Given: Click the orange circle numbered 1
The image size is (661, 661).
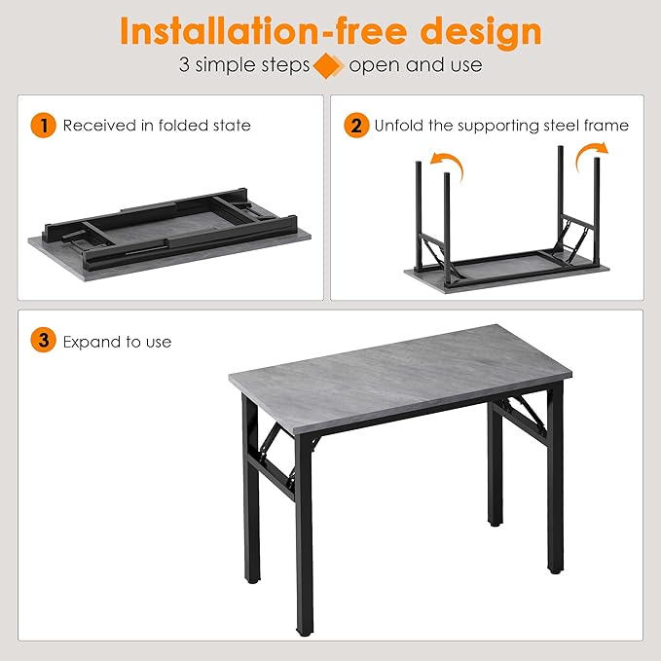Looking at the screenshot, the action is click(x=43, y=126).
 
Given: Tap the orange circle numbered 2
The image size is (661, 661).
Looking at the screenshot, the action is click(x=356, y=126).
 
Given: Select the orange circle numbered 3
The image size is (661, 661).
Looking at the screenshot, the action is click(x=43, y=341).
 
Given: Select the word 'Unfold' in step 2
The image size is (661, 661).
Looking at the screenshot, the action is click(x=399, y=126).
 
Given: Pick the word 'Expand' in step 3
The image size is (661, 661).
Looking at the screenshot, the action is click(x=87, y=342).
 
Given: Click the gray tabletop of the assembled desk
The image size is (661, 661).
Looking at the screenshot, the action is click(x=400, y=378).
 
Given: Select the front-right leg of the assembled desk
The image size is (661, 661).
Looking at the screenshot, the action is click(x=555, y=481).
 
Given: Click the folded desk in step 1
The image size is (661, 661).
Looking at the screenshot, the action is click(x=169, y=235).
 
